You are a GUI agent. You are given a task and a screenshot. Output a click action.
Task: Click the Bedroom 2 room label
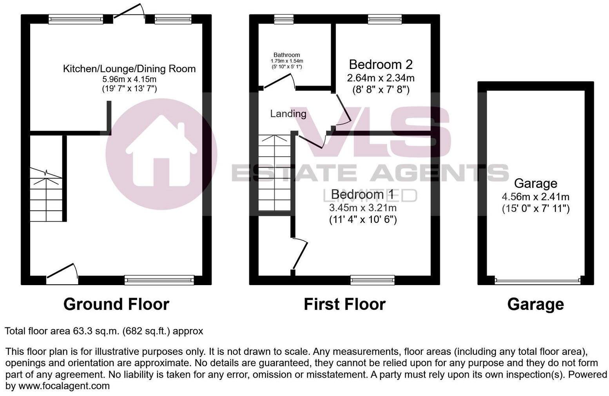[381, 65]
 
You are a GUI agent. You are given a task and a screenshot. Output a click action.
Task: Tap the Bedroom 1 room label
[362, 195]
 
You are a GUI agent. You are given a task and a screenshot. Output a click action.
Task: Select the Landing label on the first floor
[288, 114]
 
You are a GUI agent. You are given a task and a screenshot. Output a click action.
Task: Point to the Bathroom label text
[286, 55]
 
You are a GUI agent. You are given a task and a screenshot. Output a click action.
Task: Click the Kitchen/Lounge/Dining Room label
[129, 69]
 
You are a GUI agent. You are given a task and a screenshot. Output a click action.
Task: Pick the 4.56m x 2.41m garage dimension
[535, 197]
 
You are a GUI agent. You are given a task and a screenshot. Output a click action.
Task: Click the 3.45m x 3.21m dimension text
[362, 208]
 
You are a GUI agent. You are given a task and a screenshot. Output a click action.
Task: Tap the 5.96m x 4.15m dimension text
[129, 80]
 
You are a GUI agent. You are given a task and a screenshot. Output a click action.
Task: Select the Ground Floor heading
[116, 304]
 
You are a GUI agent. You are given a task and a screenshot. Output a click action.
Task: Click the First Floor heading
[344, 304]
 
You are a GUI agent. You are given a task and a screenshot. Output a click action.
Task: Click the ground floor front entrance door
[62, 275]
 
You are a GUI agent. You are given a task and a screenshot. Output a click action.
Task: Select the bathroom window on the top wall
[284, 19]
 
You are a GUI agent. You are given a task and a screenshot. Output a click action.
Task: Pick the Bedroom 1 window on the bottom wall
[372, 280]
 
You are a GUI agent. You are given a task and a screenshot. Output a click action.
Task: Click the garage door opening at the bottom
[537, 280]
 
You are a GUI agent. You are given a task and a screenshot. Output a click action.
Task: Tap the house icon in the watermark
[161, 153]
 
